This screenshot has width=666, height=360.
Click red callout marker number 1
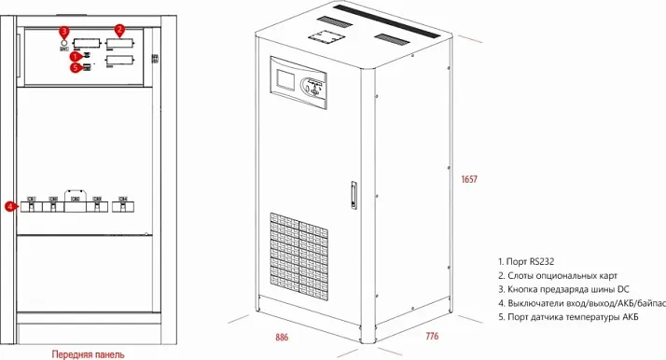click(x=76, y=57)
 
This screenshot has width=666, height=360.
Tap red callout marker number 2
click(x=119, y=30)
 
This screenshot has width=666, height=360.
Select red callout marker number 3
click(x=64, y=32)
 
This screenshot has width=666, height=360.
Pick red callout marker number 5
click(x=76, y=67)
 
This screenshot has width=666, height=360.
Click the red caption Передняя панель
click(x=86, y=353)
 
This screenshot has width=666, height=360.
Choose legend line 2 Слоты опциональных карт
click(x=561, y=277)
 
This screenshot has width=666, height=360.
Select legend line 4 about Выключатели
click(x=578, y=303)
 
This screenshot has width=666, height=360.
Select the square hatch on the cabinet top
click(x=324, y=38)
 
